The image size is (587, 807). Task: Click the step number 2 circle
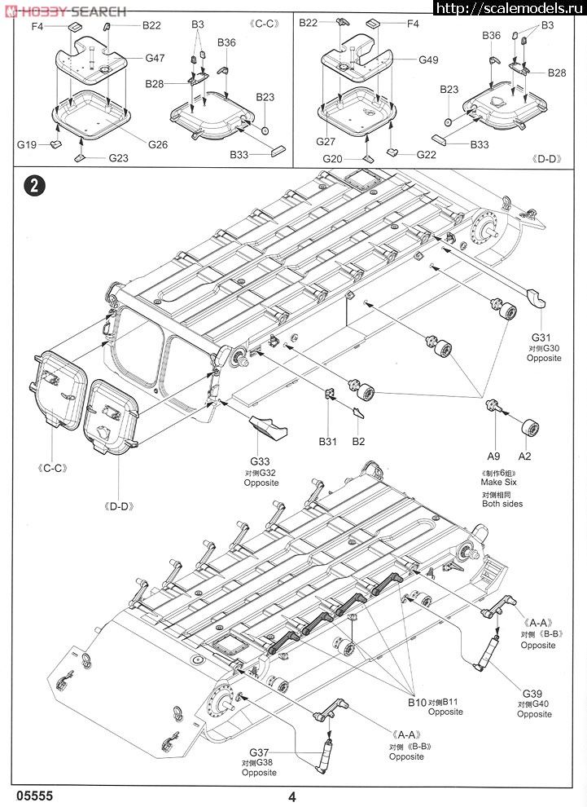[x=33, y=185]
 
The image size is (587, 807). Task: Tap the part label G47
[x=156, y=59]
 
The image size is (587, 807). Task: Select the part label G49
[x=428, y=60]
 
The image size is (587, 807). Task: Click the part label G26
[x=158, y=144]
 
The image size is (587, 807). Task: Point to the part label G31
[x=543, y=337]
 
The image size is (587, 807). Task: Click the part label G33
[x=261, y=461]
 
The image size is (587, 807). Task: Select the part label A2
[x=525, y=457]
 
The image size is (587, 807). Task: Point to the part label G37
[x=259, y=752]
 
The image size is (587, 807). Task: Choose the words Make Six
[x=498, y=483]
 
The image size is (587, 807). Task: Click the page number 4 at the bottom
[x=291, y=797]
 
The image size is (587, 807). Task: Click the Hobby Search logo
[x=65, y=11]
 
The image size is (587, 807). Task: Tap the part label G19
[x=27, y=144]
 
